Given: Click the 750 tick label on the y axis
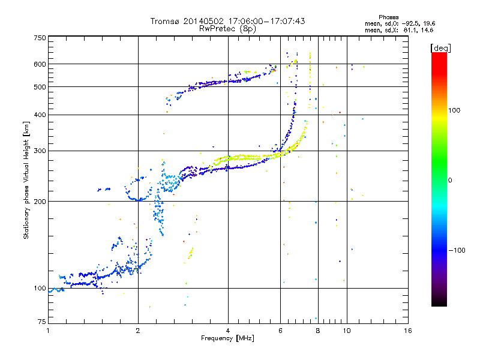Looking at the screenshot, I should pos(40,38).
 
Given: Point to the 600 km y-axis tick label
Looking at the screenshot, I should pos(40,64).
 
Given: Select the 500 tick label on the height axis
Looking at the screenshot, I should pos(40,87).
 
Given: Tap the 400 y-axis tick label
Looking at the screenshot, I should pos(40,115).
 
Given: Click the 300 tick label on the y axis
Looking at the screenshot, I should pos(40,151).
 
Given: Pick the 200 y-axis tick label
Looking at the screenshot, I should pos(40,201).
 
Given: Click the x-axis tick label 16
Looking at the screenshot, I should pos(408,331).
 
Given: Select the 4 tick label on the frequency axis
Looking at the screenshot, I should pos(228,331).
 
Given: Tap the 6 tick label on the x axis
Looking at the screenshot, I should pos(281,331).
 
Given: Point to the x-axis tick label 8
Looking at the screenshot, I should pos(318,331).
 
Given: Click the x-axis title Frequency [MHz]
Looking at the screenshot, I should pos(227,338).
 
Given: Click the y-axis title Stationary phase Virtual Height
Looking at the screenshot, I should pos(26,180).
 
